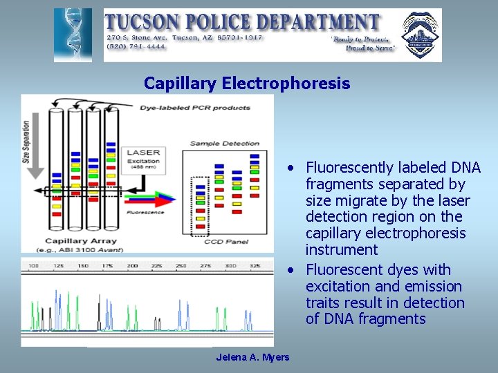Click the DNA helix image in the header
pyautogui.click(x=73, y=35)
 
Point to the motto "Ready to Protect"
pyautogui.click(x=360, y=39)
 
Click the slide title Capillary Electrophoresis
pyautogui.click(x=247, y=84)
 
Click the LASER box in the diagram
pyautogui.click(x=143, y=157)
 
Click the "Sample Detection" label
pyautogui.click(x=224, y=144)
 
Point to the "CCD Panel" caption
pyautogui.click(x=223, y=242)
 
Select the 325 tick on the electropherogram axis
pyautogui.click(x=255, y=266)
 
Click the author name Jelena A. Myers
pyautogui.click(x=252, y=357)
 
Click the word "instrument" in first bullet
pyautogui.click(x=342, y=250)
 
